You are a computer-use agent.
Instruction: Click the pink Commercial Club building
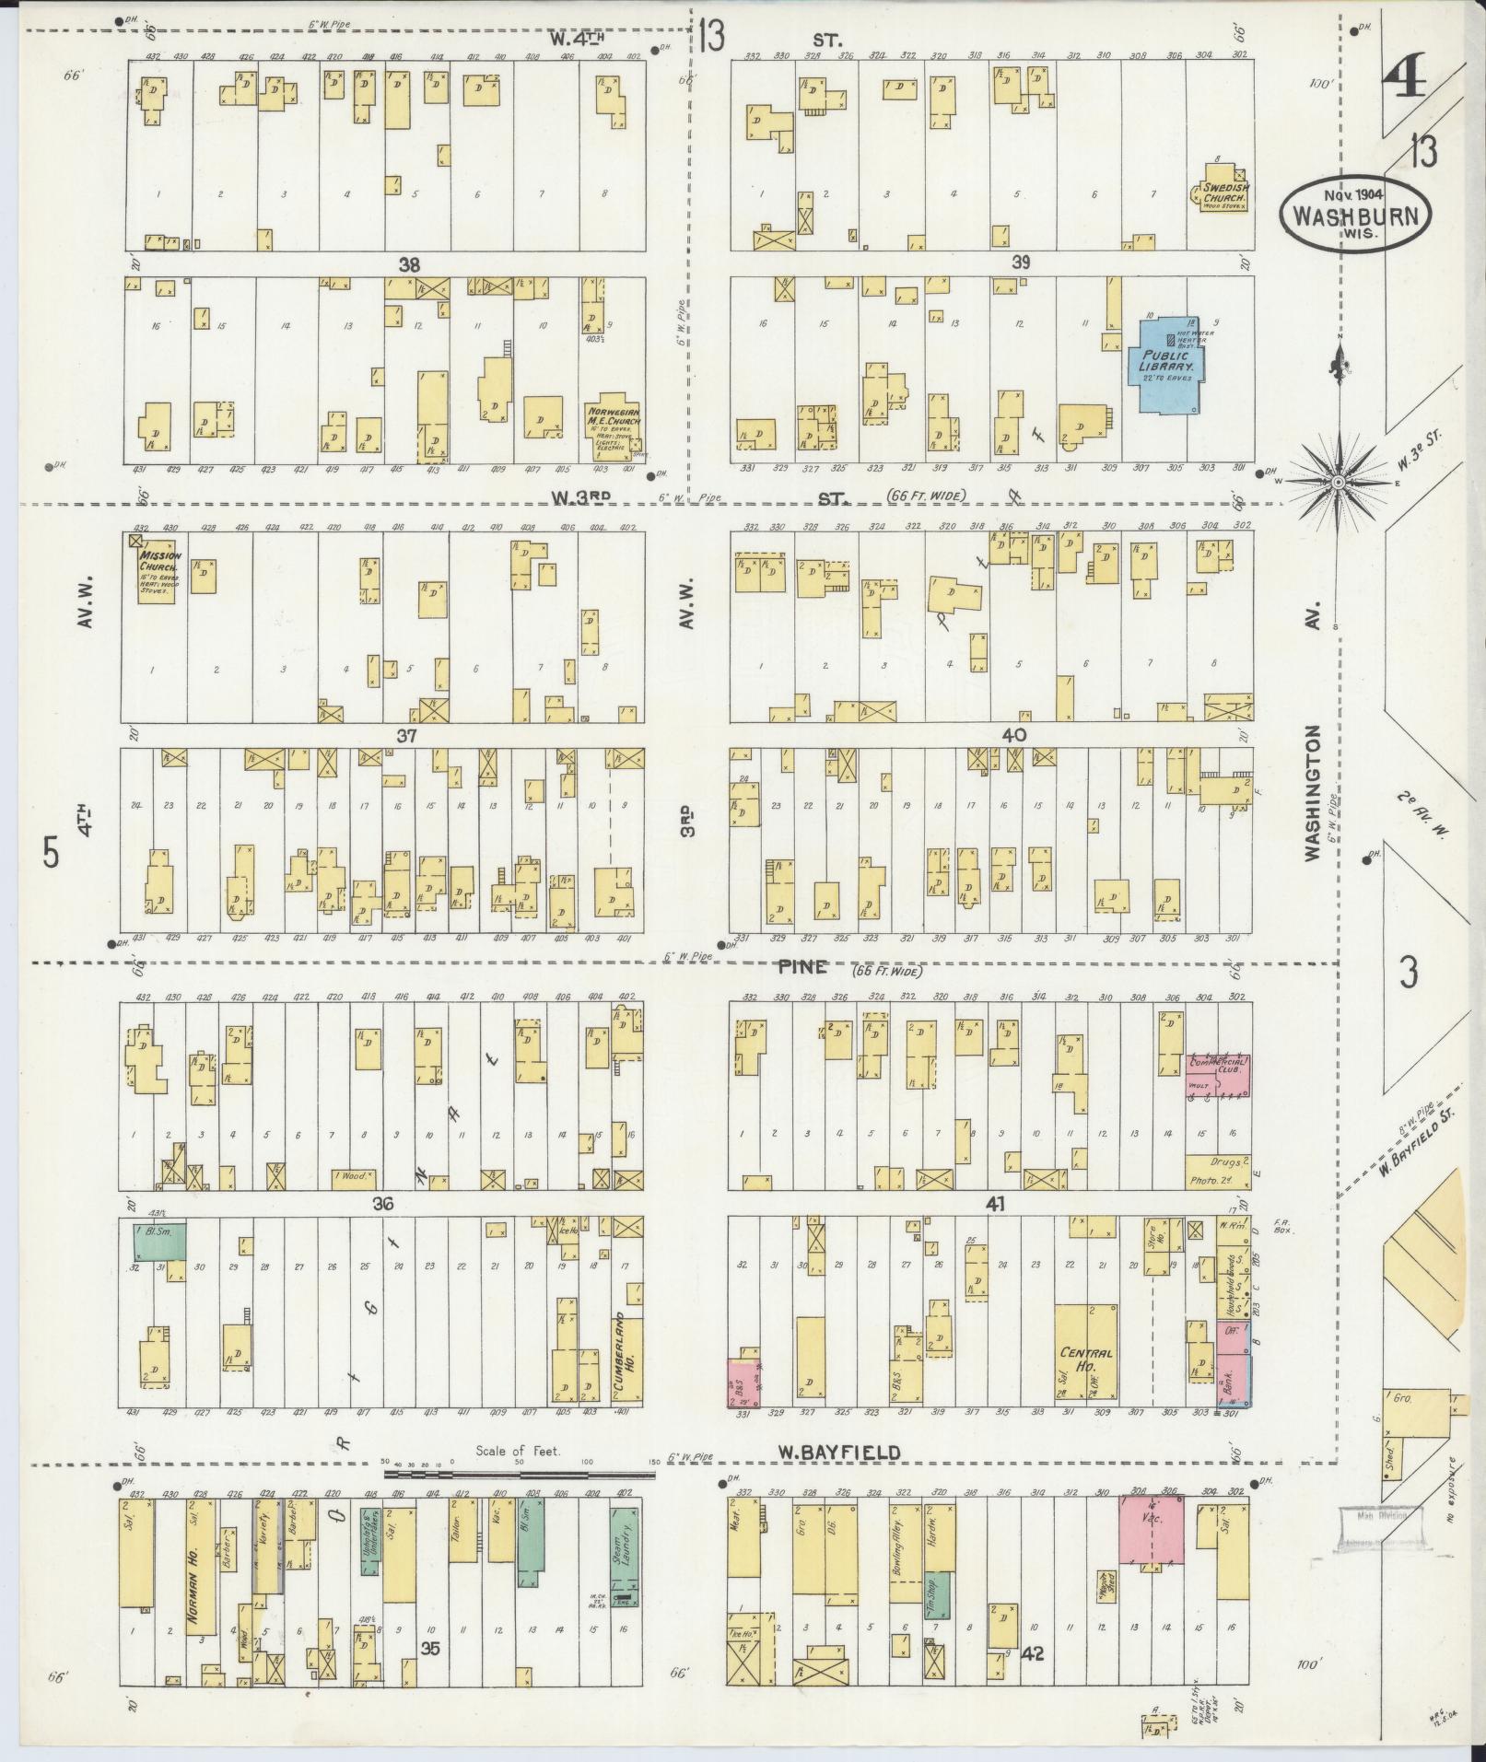[1217, 1074]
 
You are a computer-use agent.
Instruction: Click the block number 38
[409, 265]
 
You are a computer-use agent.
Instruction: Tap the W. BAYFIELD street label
[837, 1453]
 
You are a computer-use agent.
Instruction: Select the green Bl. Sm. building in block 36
[160, 1241]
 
